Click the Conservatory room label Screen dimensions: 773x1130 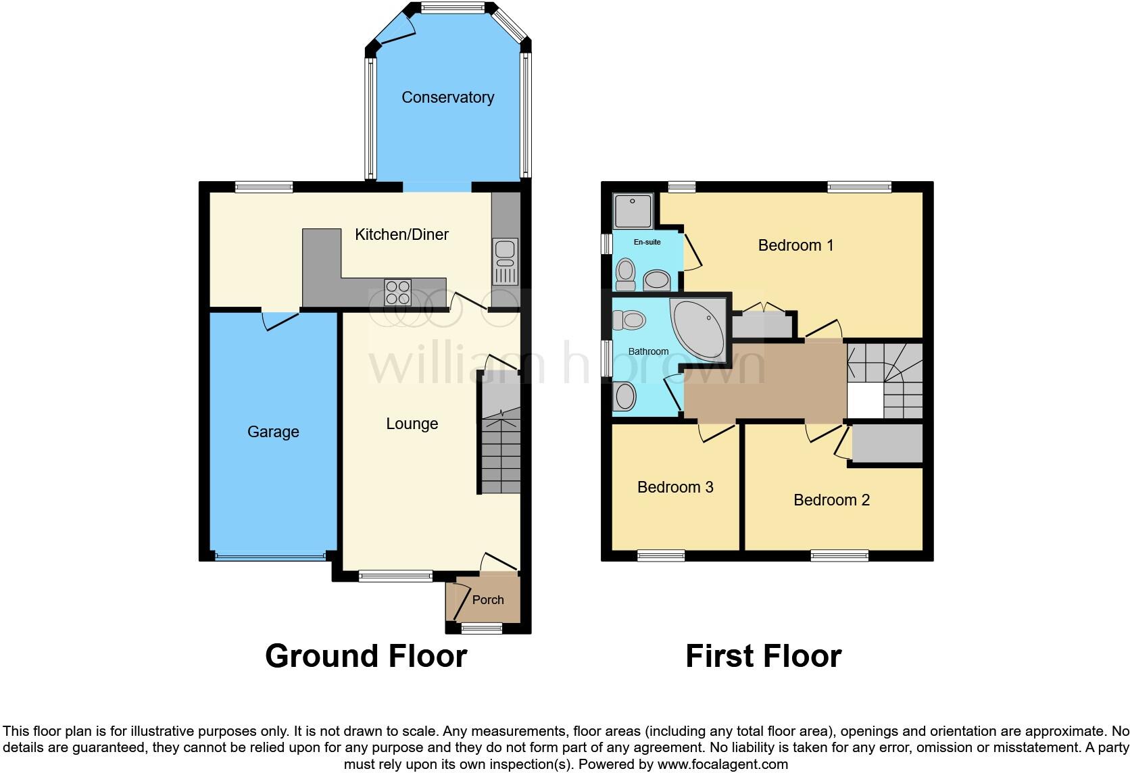tap(447, 97)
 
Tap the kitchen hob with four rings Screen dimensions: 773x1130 tap(397, 292)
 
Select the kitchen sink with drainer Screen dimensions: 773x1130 tap(505, 261)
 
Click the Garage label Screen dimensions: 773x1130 tap(273, 432)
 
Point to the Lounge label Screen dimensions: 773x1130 tap(412, 424)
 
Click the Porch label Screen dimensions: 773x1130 tap(488, 600)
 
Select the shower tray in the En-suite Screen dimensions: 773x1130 tap(633, 210)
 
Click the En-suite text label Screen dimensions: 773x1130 tap(647, 242)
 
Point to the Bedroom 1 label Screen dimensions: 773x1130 tap(795, 245)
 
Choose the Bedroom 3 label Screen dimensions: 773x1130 tap(675, 487)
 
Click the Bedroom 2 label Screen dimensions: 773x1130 tap(831, 500)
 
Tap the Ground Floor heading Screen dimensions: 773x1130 tap(366, 656)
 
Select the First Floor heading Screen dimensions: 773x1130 tap(763, 656)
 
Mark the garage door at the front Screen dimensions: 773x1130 tap(270, 557)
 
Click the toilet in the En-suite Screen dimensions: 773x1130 tap(626, 273)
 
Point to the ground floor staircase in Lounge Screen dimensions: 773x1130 tap(501, 446)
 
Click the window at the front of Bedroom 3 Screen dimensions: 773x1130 tap(661, 556)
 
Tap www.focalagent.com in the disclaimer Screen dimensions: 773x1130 tap(722, 765)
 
